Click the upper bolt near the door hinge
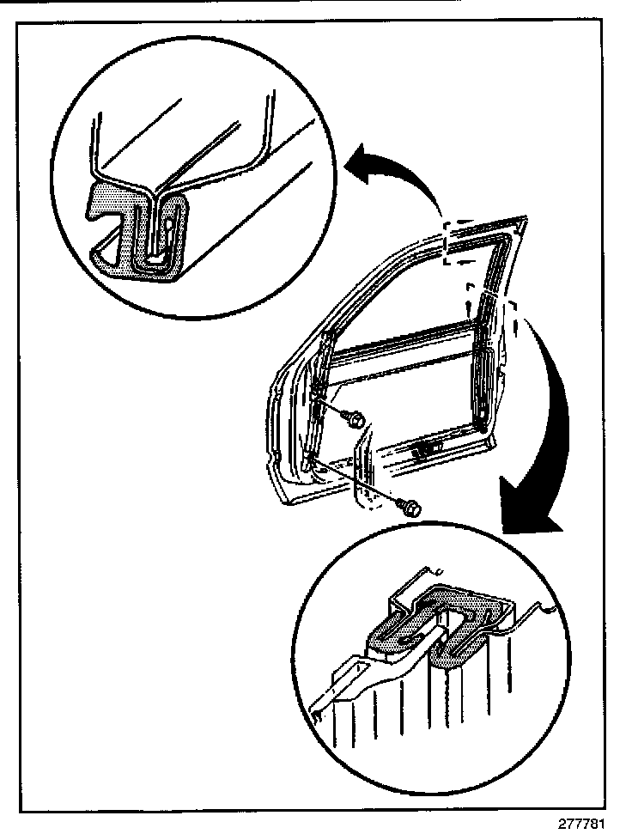coord(353,418)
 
